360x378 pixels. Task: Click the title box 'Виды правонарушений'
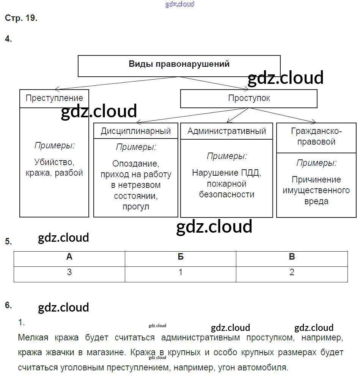[179, 64]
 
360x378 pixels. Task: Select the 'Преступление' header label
[54, 98]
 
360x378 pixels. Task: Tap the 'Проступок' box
[249, 98]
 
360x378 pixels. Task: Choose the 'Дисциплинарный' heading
[136, 131]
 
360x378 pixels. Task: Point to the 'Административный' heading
[226, 131]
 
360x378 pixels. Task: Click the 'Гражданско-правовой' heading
[316, 137]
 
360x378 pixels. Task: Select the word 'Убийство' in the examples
[54, 162]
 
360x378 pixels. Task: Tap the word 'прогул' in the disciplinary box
[136, 207]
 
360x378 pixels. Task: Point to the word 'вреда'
[316, 201]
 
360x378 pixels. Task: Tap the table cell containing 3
[69, 272]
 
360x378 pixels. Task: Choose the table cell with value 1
[181, 272]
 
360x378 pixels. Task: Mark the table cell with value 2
[292, 272]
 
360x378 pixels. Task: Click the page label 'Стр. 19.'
[21, 18]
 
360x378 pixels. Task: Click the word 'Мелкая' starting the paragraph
[31, 337]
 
